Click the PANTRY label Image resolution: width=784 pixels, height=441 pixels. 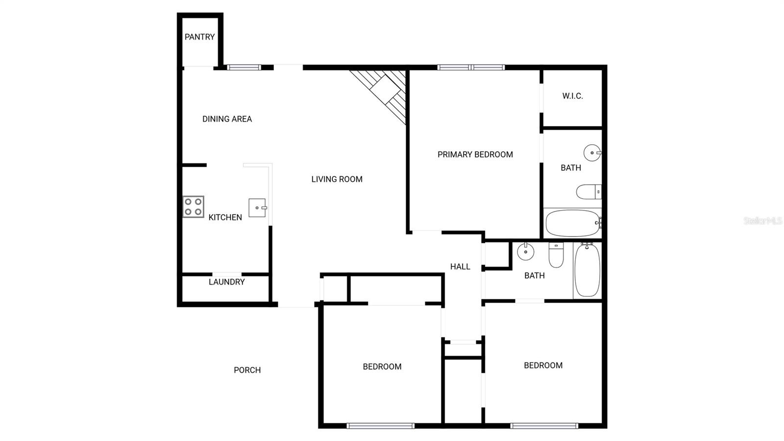199,37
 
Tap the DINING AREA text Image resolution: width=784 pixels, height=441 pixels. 227,119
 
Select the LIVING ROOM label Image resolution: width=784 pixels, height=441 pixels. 337,180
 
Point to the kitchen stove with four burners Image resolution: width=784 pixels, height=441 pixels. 193,207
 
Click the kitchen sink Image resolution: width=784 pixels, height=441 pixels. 258,208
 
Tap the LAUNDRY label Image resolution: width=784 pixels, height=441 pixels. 226,282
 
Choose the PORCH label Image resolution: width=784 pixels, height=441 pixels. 247,370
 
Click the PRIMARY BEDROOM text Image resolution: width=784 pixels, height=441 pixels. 475,155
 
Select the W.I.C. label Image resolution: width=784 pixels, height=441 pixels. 573,96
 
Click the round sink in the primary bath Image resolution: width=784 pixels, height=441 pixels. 592,153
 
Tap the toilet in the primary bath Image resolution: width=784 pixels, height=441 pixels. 588,192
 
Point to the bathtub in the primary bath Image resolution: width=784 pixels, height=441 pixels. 573,223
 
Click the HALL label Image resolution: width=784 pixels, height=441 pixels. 460,267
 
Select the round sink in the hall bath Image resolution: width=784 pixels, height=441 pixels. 525,251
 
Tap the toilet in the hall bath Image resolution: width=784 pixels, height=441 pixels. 556,255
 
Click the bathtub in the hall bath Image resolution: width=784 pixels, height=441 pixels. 587,270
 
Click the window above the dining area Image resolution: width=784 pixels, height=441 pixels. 244,67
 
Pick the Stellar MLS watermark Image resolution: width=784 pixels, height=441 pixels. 763,221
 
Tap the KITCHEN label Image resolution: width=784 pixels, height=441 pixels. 225,217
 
